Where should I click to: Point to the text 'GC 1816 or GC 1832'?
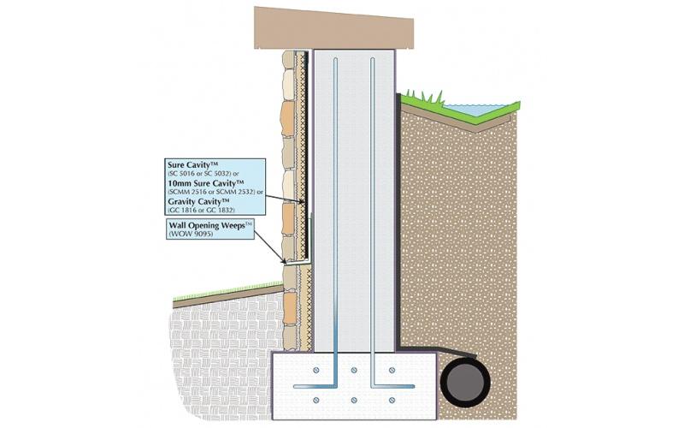(x=209, y=211)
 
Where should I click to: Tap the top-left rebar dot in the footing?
(x=317, y=371)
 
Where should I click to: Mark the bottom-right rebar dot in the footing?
(x=392, y=400)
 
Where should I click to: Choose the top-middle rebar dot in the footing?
(x=355, y=371)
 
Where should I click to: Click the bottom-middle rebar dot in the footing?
(x=355, y=400)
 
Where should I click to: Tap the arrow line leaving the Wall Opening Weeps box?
(x=272, y=247)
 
